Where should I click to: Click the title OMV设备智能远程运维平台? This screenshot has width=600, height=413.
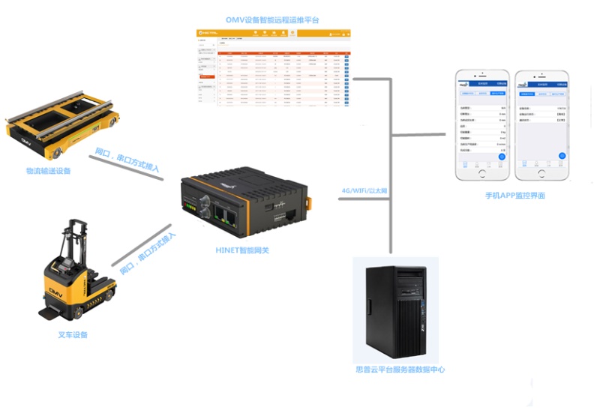[x=272, y=19]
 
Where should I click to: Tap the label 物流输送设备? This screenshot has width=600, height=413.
[x=48, y=171]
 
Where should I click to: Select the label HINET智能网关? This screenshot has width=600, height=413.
[x=242, y=250]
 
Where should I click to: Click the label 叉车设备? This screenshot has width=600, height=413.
[x=73, y=334]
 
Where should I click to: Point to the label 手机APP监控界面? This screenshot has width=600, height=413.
[x=514, y=196]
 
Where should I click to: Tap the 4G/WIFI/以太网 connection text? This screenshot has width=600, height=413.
[x=364, y=191]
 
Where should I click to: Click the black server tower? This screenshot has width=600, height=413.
[x=395, y=310]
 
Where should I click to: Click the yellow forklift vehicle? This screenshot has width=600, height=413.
[x=75, y=277]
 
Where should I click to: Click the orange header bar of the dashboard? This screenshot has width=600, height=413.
[x=274, y=33]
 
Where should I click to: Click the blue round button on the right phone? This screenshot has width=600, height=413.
[x=562, y=156]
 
